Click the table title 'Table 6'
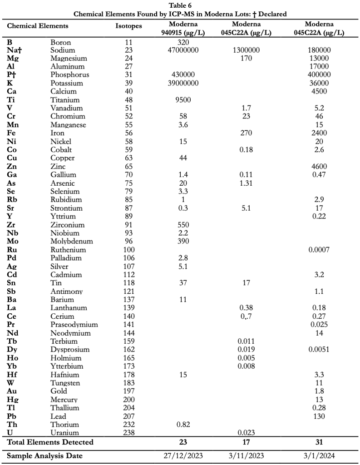180,5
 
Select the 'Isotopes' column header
128,26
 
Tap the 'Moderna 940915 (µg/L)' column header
183,28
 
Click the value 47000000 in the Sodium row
183,50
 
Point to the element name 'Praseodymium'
74,324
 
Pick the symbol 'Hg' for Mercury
13,400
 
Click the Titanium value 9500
183,100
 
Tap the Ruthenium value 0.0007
319,250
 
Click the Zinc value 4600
319,167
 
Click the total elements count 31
319,442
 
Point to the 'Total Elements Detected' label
50,442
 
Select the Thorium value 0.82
183,425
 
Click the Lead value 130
319,416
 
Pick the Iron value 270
246,133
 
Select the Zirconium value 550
183,225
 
